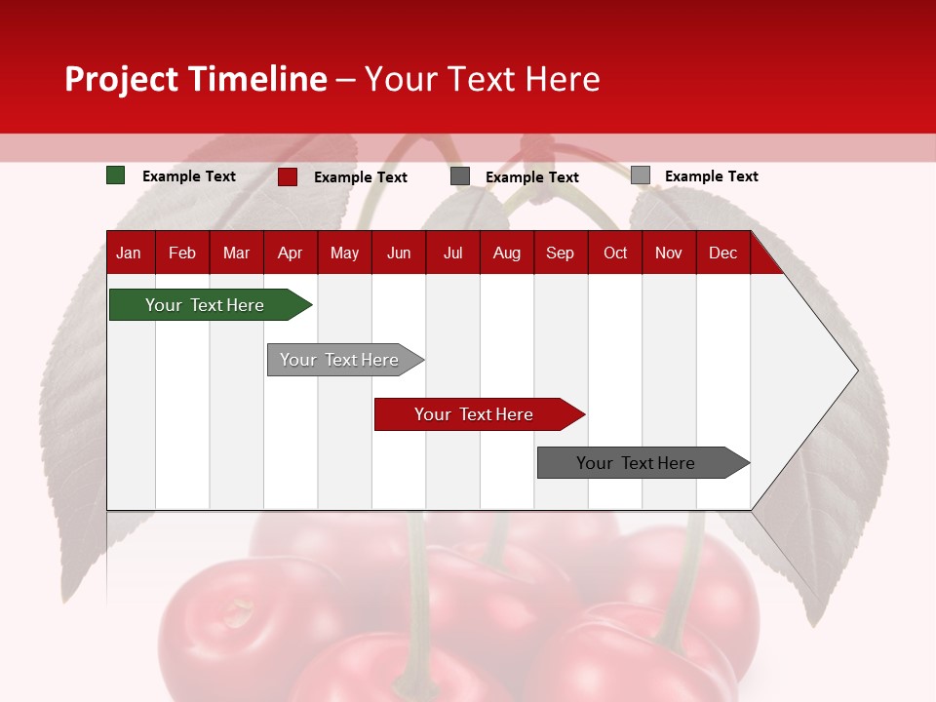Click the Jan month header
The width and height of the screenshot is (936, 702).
tap(129, 253)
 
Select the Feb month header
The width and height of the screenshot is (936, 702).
tap(182, 253)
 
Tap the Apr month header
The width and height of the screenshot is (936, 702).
tap(290, 253)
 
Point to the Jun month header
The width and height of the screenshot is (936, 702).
tap(399, 253)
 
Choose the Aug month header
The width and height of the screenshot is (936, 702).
tap(506, 253)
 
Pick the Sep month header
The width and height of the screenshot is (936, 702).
tap(560, 253)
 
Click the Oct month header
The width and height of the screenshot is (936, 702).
tap(615, 253)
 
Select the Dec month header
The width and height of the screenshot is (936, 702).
tap(722, 253)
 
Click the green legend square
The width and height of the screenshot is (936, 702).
tap(116, 175)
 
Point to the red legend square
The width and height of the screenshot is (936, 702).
tap(288, 176)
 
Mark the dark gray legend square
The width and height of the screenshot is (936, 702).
tap(460, 176)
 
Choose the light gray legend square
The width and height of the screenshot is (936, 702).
tap(641, 175)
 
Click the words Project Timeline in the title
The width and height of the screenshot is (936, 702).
tap(196, 79)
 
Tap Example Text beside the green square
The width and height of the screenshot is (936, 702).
tap(189, 176)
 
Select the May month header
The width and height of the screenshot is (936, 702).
tap(344, 253)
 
